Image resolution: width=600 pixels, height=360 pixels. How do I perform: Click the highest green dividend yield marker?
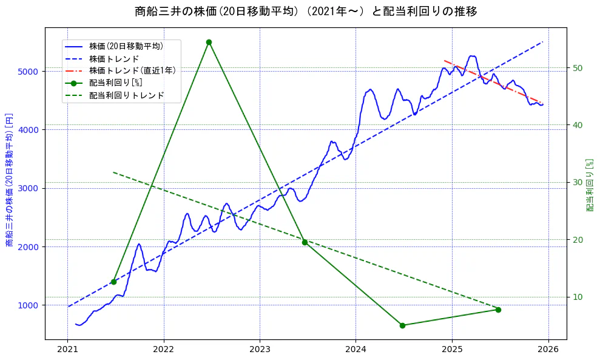(x=209, y=42)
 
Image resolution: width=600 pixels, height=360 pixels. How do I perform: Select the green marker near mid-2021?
(x=113, y=282)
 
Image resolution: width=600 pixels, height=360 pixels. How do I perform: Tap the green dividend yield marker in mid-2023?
(x=305, y=242)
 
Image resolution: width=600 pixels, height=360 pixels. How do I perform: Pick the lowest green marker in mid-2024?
(x=402, y=325)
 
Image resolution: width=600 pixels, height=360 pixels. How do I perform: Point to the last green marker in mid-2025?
(x=498, y=310)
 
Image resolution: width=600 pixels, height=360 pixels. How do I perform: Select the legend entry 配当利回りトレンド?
(x=126, y=95)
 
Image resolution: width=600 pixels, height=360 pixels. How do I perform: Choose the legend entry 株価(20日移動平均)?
(x=126, y=46)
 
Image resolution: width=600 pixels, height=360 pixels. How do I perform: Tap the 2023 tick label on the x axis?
(x=260, y=350)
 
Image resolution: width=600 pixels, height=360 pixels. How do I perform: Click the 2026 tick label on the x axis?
(x=549, y=350)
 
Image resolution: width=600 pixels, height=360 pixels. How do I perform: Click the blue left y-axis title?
(x=9, y=180)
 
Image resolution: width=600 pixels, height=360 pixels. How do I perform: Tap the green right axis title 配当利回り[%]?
(x=590, y=185)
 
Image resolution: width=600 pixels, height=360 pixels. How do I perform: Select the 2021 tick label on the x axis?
(x=67, y=350)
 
